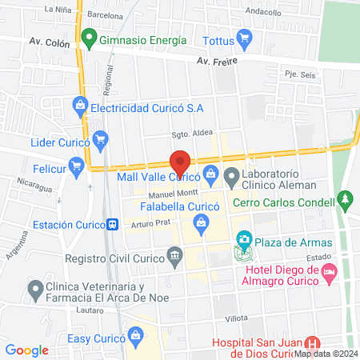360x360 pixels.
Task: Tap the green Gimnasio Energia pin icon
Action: click(87, 38)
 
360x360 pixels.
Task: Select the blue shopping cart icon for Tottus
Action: click(245, 38)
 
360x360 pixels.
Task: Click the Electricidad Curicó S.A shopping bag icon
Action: click(79, 104)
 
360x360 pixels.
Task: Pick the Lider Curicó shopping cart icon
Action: click(100, 139)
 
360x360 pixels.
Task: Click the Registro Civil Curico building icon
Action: click(174, 256)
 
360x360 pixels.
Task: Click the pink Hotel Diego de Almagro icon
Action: click(329, 273)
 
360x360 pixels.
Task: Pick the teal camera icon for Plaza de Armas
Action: click(243, 239)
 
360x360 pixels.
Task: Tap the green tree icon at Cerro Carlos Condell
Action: click(346, 198)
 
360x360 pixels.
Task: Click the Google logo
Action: click(27, 350)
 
